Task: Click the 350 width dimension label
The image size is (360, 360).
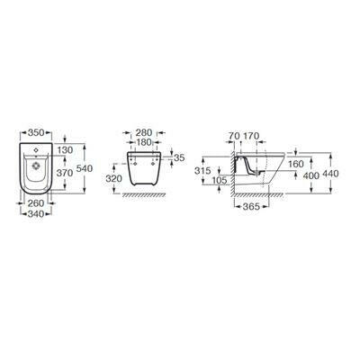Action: (36, 132)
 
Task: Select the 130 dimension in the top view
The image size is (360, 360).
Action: (65, 150)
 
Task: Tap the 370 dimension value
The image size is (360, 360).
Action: (65, 173)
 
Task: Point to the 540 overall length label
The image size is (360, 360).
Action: (85, 168)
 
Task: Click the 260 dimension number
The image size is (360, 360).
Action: (36, 203)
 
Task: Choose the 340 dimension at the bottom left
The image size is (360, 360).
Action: (36, 214)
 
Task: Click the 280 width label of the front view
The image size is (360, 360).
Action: (144, 132)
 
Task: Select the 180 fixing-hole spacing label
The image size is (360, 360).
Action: (144, 142)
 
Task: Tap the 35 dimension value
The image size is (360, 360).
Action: (179, 158)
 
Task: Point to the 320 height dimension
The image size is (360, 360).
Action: (114, 178)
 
